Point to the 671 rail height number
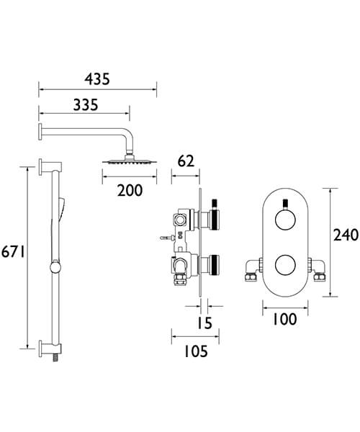click(14, 251)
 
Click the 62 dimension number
click(186, 161)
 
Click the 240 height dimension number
click(343, 235)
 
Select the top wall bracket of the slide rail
click(45, 168)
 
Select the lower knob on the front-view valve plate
click(284, 264)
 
